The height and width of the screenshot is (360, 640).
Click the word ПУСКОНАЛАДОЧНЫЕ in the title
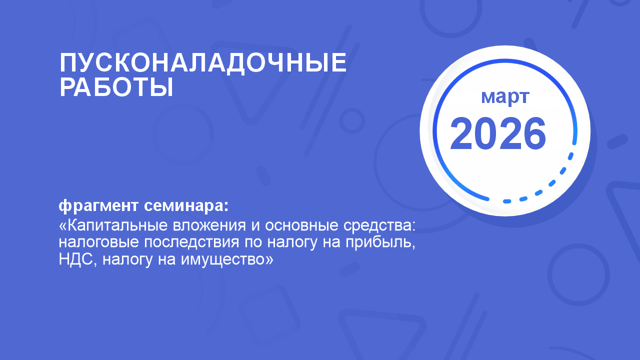click(x=203, y=63)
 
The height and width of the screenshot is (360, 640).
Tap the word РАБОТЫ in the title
click(x=116, y=87)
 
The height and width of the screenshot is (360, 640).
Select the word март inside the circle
click(x=505, y=97)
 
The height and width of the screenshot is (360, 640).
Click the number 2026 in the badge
click(x=498, y=133)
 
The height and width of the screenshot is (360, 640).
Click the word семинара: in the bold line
click(x=186, y=205)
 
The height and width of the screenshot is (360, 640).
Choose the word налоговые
click(x=99, y=242)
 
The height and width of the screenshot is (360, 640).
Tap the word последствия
click(x=191, y=243)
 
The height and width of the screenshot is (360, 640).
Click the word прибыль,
click(x=380, y=243)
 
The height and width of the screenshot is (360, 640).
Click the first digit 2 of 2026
click(x=461, y=133)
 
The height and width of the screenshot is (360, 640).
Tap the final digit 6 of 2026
click(x=534, y=133)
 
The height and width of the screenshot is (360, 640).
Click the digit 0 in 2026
click(x=486, y=133)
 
